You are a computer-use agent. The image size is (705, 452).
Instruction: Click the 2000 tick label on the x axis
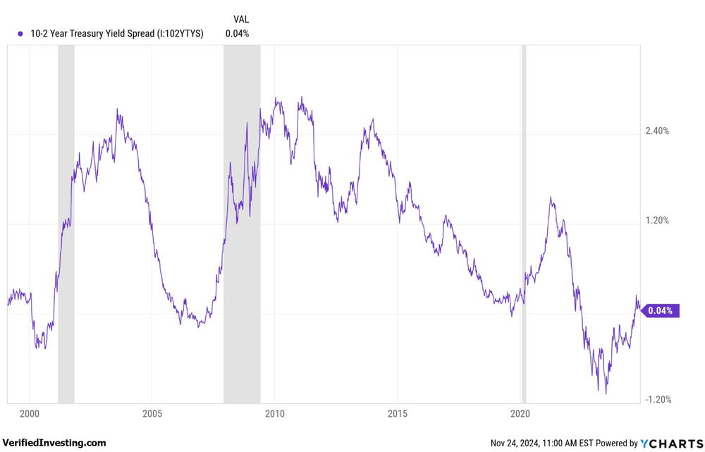point(29,413)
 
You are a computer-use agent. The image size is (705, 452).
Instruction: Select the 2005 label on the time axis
point(152,413)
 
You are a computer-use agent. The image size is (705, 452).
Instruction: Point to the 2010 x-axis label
point(275,413)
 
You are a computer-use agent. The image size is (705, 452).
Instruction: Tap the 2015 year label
point(398,413)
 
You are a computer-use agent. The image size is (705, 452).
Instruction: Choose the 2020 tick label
point(520,413)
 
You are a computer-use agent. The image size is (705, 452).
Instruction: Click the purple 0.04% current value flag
point(661,310)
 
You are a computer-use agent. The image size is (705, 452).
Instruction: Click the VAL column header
point(241,19)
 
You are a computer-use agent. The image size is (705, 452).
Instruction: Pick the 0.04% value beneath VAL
point(237,33)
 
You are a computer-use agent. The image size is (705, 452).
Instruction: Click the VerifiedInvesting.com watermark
point(54,443)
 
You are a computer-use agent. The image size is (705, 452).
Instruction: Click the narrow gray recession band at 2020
point(524,212)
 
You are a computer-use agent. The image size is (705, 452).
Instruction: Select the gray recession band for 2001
point(66,212)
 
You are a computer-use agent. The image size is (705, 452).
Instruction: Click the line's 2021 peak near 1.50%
point(551,198)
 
